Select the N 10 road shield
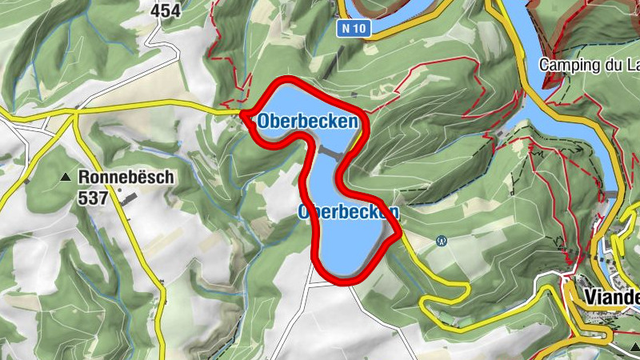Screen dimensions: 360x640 pyautogui.click(x=353, y=29)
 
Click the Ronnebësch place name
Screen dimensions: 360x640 pyautogui.click(x=125, y=178)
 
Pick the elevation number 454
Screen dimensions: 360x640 pyautogui.click(x=166, y=11)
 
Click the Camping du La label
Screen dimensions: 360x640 pyautogui.click(x=589, y=64)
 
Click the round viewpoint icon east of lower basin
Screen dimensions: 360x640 pyautogui.click(x=441, y=240)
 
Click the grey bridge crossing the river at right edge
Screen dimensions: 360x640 pyautogui.click(x=612, y=195)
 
